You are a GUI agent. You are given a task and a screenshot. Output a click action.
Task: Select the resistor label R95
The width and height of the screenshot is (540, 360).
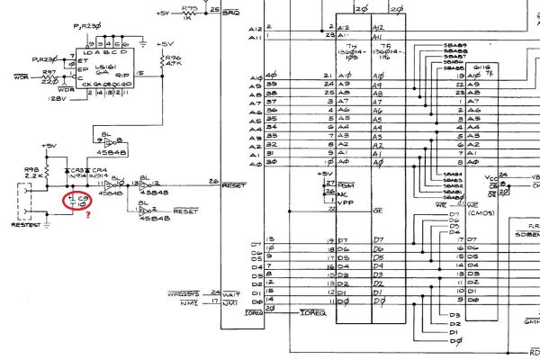click(190, 7)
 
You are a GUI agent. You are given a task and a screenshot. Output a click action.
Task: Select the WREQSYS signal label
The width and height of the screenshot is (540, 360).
click(183, 293)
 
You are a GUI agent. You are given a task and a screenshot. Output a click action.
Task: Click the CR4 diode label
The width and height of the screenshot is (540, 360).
click(99, 168)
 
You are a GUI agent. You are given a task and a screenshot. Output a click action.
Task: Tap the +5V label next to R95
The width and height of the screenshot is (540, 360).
click(162, 13)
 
